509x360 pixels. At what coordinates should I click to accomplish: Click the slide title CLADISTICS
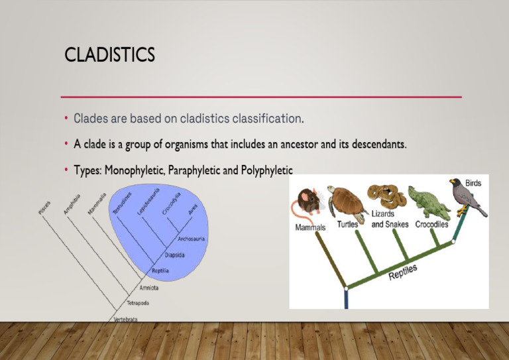click(109, 55)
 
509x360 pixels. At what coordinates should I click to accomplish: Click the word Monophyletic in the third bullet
click(135, 170)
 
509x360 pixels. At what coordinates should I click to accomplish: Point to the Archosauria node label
click(191, 239)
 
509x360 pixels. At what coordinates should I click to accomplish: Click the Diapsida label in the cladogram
click(175, 255)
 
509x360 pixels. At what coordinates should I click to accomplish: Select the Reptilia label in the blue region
click(161, 271)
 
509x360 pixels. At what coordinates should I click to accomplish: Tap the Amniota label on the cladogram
click(149, 288)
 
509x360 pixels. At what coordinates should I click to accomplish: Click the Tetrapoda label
click(138, 303)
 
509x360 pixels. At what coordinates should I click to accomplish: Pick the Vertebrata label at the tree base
click(126, 319)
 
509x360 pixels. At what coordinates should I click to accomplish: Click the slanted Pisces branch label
click(44, 206)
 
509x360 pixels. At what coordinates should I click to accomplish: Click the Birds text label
click(473, 182)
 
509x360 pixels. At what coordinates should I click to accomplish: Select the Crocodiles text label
click(431, 225)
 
